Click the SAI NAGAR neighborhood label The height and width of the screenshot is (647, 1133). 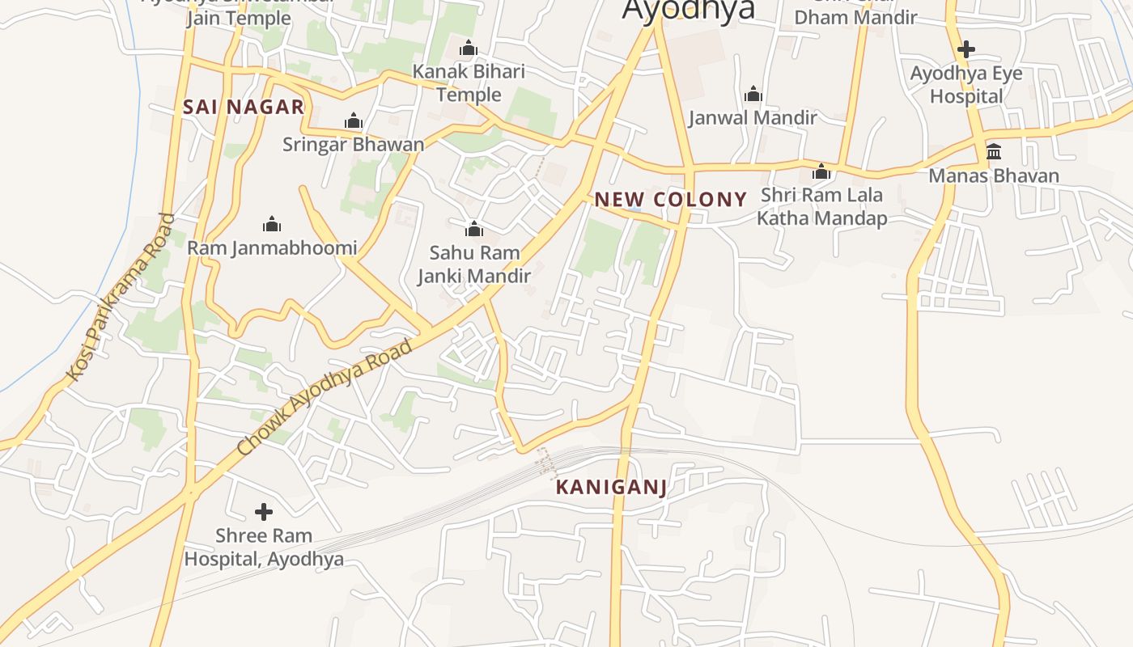click(x=244, y=107)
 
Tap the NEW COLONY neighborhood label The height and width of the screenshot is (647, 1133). click(x=671, y=200)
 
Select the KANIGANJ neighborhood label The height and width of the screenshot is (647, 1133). click(x=612, y=487)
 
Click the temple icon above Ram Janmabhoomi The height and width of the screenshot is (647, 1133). click(x=272, y=224)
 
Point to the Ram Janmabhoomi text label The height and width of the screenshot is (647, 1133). click(x=272, y=247)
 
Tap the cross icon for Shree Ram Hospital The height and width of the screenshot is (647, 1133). click(x=264, y=512)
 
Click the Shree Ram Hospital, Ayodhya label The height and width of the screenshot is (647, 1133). click(x=264, y=548)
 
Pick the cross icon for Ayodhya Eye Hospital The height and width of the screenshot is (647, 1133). click(x=965, y=49)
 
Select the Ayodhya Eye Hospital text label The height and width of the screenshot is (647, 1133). click(x=966, y=85)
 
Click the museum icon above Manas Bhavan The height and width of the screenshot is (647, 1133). click(x=994, y=151)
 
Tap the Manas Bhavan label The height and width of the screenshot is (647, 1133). click(x=994, y=175)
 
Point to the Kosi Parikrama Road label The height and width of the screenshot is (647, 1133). click(x=121, y=297)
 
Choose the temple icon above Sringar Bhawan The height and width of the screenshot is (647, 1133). click(x=354, y=121)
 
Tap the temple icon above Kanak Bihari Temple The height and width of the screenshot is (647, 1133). click(x=469, y=49)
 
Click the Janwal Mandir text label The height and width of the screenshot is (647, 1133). click(x=753, y=118)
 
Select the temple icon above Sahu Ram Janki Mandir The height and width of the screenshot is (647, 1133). click(x=474, y=230)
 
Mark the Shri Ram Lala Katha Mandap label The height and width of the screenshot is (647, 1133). click(x=821, y=207)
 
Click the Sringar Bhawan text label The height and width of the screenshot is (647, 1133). click(x=354, y=145)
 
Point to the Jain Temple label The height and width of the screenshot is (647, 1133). click(x=239, y=18)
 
